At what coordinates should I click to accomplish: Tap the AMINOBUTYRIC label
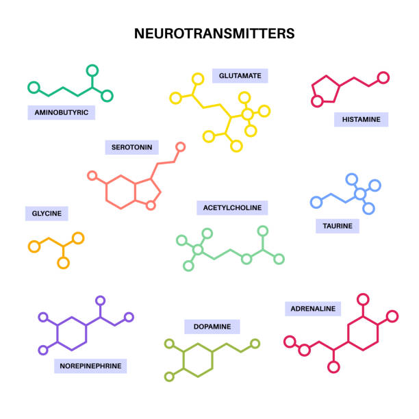pos(61,112)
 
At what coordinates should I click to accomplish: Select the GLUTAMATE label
pos(240,75)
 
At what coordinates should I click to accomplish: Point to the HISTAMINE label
pos(361,119)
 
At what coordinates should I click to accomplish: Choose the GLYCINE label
pos(47,214)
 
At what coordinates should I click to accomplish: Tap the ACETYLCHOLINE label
pos(232,207)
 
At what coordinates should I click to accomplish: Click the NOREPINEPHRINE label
pos(90,366)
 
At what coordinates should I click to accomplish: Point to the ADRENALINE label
pos(313,309)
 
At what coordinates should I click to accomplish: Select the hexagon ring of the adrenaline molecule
pos(363,333)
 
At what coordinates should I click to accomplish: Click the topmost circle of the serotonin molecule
pos(181,147)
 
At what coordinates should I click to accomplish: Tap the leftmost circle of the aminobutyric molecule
pos(32,87)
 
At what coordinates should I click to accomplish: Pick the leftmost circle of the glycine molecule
pos(33,245)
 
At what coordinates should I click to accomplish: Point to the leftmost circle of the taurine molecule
pos(316,202)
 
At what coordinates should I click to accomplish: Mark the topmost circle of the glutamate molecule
pos(198,79)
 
